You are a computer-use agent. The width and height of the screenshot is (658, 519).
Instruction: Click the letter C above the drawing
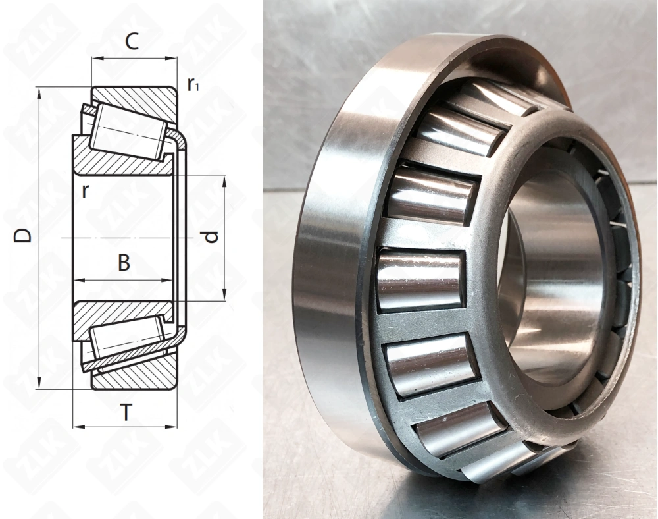(132, 41)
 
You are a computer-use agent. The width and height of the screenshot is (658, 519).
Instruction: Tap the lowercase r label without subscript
(85, 190)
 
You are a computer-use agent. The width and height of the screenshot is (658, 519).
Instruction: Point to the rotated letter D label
(24, 235)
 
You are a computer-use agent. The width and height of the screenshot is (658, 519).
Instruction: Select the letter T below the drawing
(125, 413)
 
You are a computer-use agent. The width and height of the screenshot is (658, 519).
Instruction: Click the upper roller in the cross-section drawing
(125, 130)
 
